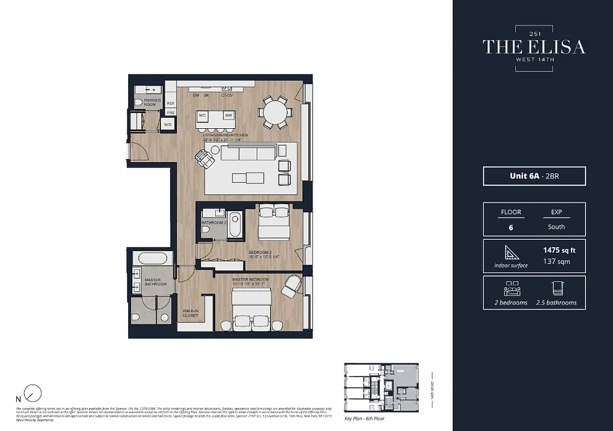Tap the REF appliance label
(x=171, y=103)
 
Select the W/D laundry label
(x=167, y=125)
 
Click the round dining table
(x=274, y=113)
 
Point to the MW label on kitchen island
(x=228, y=116)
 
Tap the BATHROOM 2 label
(x=213, y=223)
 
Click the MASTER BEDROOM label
(x=250, y=280)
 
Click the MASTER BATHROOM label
(x=156, y=282)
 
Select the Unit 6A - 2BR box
(x=534, y=176)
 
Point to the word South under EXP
(x=556, y=227)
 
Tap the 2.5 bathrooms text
(x=556, y=302)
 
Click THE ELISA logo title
(x=533, y=47)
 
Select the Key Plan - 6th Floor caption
(x=364, y=418)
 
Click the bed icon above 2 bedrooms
(x=511, y=289)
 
